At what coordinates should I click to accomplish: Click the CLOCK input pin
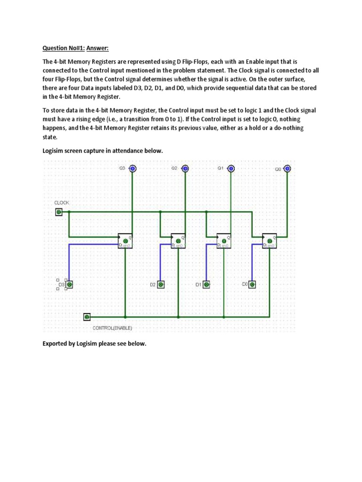coord(58,212)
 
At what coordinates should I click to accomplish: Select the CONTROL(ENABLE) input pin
coord(87,317)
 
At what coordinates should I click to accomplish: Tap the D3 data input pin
coord(69,284)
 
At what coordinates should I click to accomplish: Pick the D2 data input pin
coord(161,284)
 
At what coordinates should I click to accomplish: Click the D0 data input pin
coord(253,284)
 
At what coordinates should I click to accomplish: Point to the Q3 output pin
coord(133,169)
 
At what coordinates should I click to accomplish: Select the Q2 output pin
coord(185,169)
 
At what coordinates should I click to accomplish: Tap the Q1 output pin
coord(231,169)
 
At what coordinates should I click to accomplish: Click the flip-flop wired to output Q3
coord(125,241)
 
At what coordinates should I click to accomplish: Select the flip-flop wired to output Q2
coord(178,241)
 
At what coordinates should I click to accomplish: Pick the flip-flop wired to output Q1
coord(224,241)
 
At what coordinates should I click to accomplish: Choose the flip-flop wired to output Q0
coord(270,241)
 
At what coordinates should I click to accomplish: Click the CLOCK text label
coord(62,202)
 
